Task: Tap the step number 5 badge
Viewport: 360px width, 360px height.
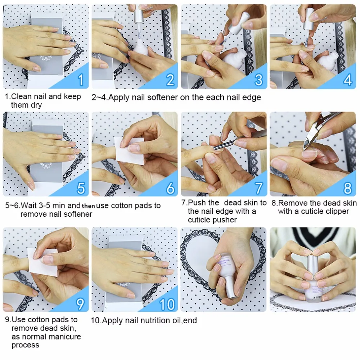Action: tap(81, 188)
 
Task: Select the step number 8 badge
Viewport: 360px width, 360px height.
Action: tap(347, 188)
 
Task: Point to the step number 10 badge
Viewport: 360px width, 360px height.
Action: tap(167, 304)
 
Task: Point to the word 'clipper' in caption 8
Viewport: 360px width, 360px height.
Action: tap(337, 211)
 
